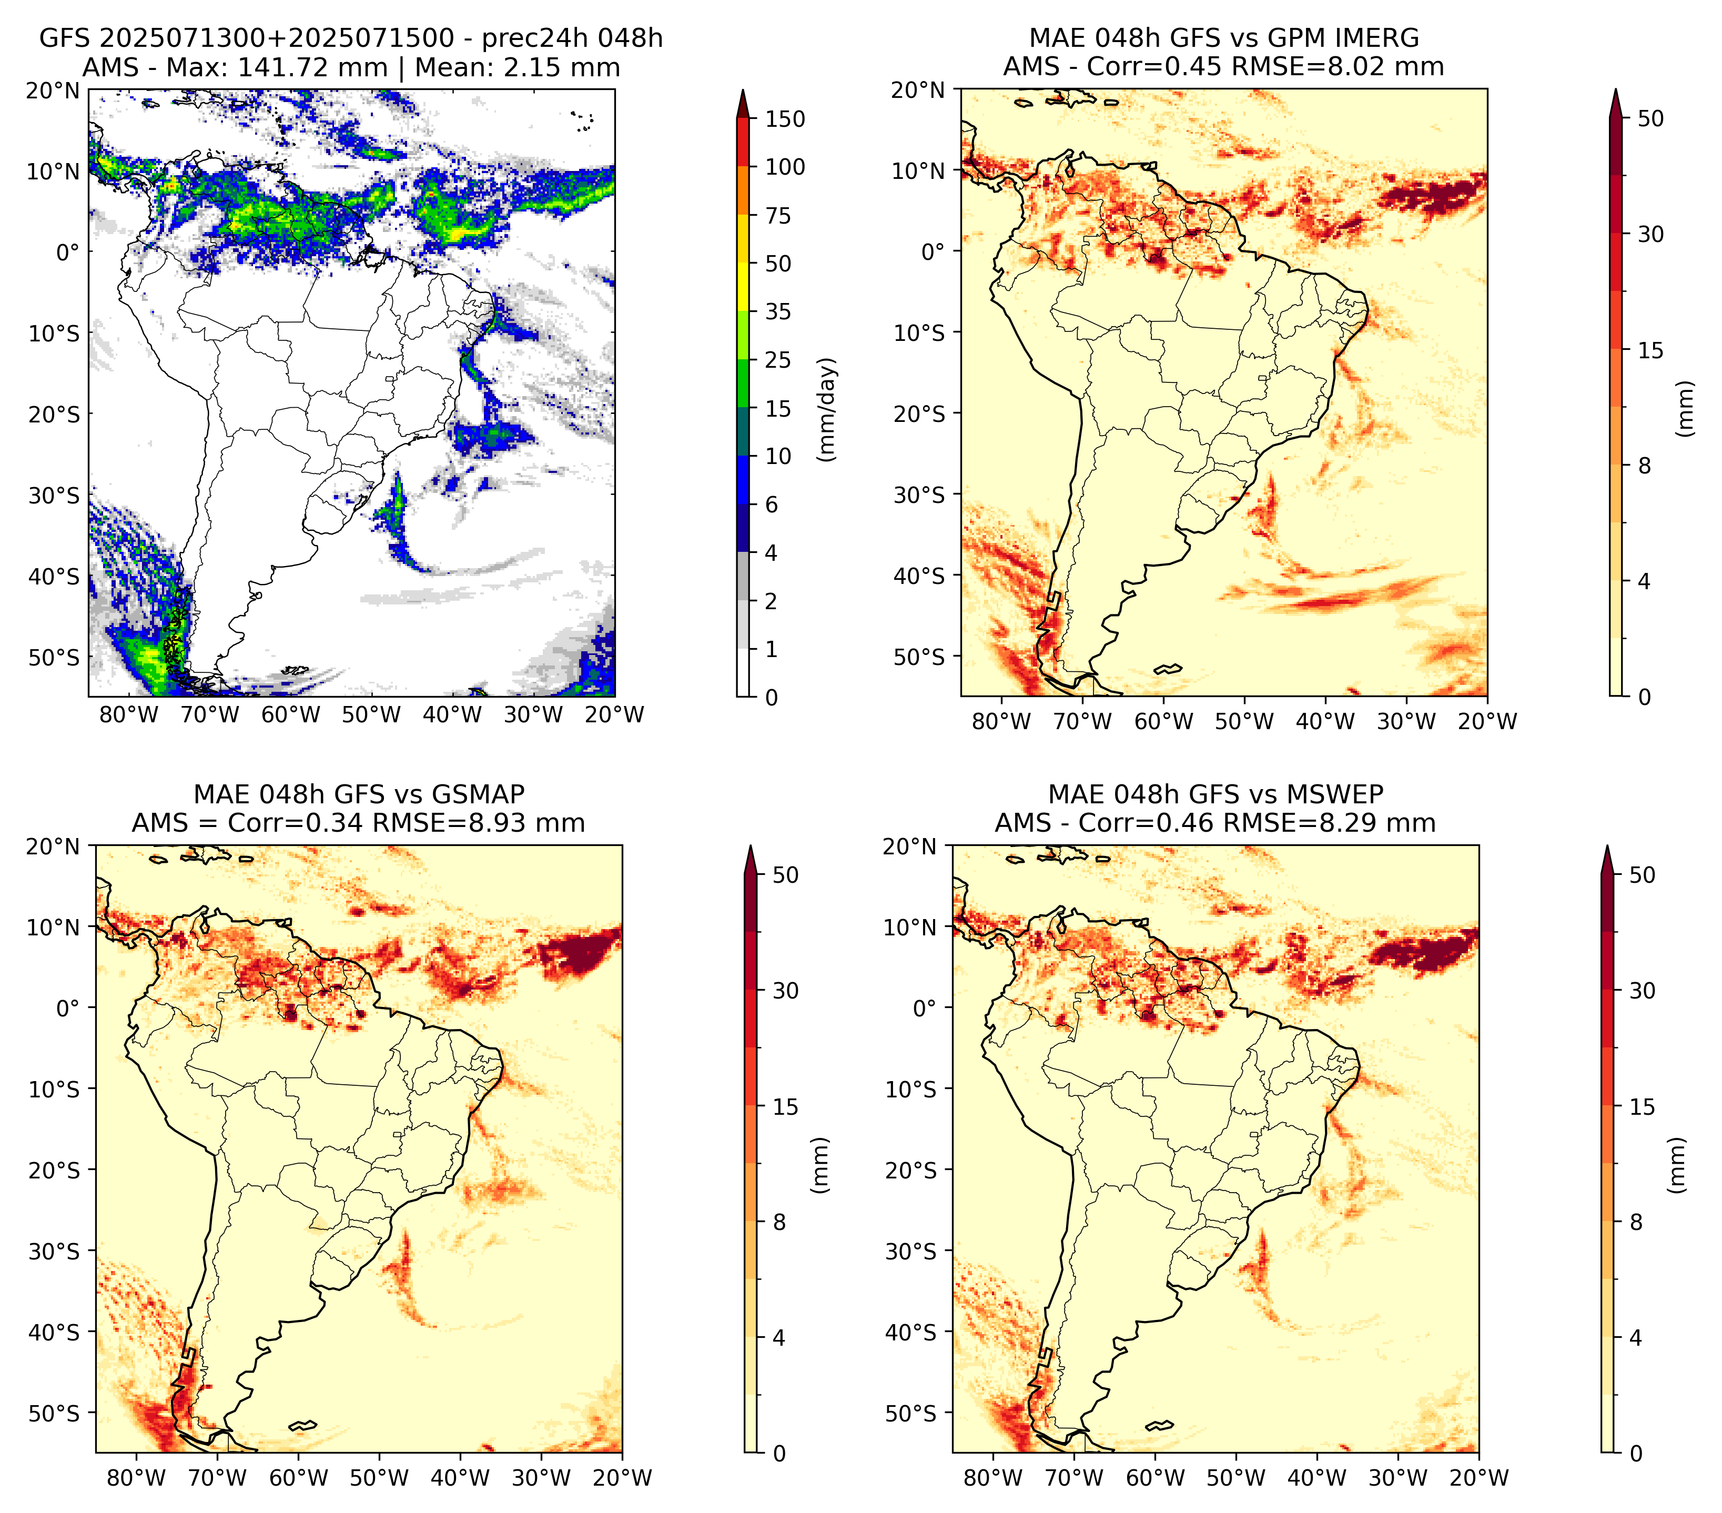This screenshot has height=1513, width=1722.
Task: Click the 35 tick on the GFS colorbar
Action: point(778,311)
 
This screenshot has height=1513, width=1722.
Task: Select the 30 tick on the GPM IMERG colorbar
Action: point(1650,234)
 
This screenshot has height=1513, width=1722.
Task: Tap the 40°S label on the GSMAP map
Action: point(54,1332)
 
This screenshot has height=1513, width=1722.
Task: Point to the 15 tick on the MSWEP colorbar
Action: point(1642,1106)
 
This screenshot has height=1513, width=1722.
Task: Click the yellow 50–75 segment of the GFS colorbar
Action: point(743,239)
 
